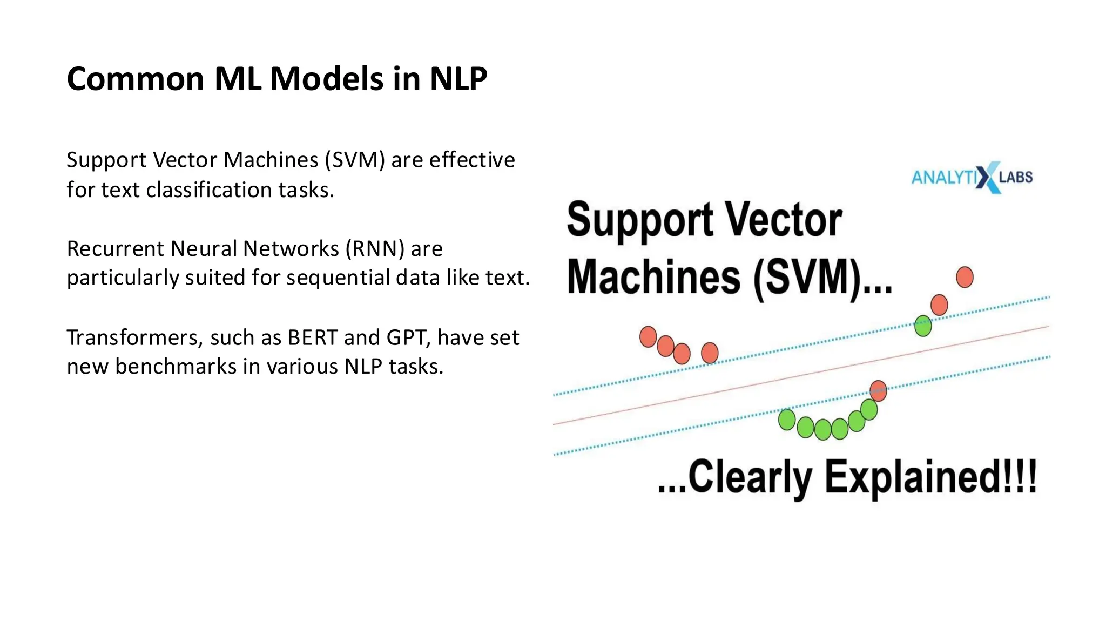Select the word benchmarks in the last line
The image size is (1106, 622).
tap(176, 367)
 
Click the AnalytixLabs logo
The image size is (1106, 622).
tap(972, 177)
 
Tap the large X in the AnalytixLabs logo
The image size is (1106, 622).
tap(988, 177)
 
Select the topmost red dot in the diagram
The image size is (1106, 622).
tap(965, 277)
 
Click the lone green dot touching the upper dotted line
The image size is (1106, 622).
tap(923, 326)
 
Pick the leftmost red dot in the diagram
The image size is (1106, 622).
tap(648, 337)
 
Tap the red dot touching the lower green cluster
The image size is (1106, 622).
tap(879, 390)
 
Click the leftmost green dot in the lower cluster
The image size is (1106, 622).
tap(787, 420)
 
